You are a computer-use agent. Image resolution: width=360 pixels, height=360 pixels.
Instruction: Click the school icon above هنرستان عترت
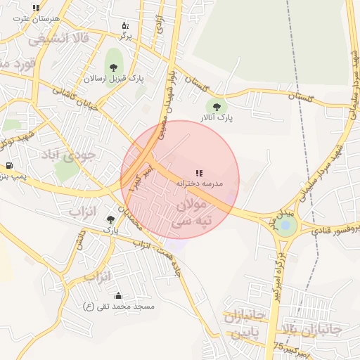[x=36, y=8]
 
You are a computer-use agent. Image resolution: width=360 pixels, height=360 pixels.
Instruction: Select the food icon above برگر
[x=125, y=25]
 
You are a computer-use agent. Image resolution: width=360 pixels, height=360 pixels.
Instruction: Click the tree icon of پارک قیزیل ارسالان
[x=113, y=67]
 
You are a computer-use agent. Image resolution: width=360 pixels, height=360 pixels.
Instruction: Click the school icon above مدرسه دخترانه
[x=199, y=172]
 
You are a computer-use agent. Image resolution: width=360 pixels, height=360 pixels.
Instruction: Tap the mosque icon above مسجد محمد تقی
[x=117, y=295]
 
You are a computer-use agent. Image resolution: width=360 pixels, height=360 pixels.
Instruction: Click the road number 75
[x=280, y=347]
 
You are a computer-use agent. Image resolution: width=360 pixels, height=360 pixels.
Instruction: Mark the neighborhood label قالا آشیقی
[x=60, y=40]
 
